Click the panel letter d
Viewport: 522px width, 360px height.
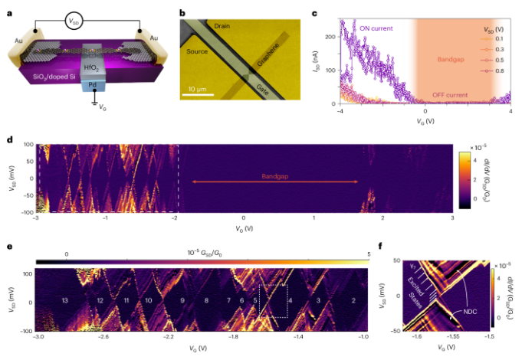pyautogui.click(x=8, y=140)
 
